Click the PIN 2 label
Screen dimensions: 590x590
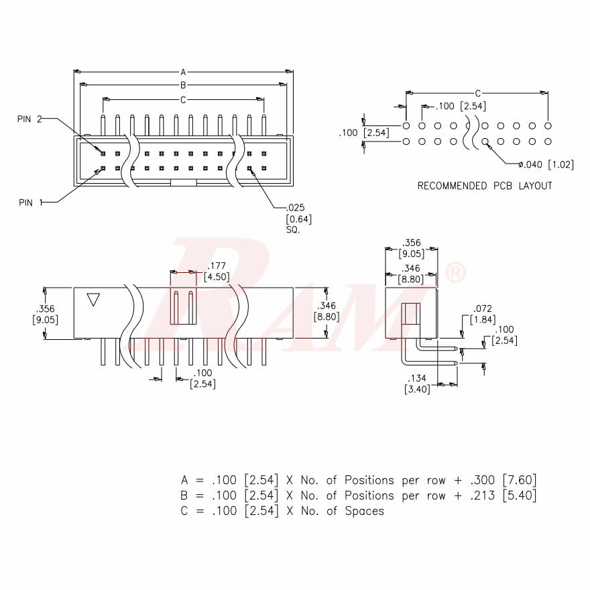coord(29,119)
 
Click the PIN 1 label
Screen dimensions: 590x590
coord(29,201)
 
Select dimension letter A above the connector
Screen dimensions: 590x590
coord(183,71)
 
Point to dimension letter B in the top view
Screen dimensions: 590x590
coord(183,85)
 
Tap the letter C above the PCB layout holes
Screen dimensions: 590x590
coord(477,93)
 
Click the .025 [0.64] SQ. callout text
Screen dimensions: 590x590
coord(299,219)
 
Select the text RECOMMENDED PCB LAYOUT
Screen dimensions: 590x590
coord(485,186)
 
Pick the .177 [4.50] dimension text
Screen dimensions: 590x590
coord(216,272)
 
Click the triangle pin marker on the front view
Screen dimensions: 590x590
coord(93,299)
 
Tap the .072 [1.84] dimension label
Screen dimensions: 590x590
coord(483,314)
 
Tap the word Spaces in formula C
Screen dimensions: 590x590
coord(364,511)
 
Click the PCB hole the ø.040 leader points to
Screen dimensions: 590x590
coord(485,141)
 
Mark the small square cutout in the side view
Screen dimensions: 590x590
coord(410,313)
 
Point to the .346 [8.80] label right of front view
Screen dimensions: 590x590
coord(327,310)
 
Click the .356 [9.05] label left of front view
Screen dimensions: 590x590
coord(45,314)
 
